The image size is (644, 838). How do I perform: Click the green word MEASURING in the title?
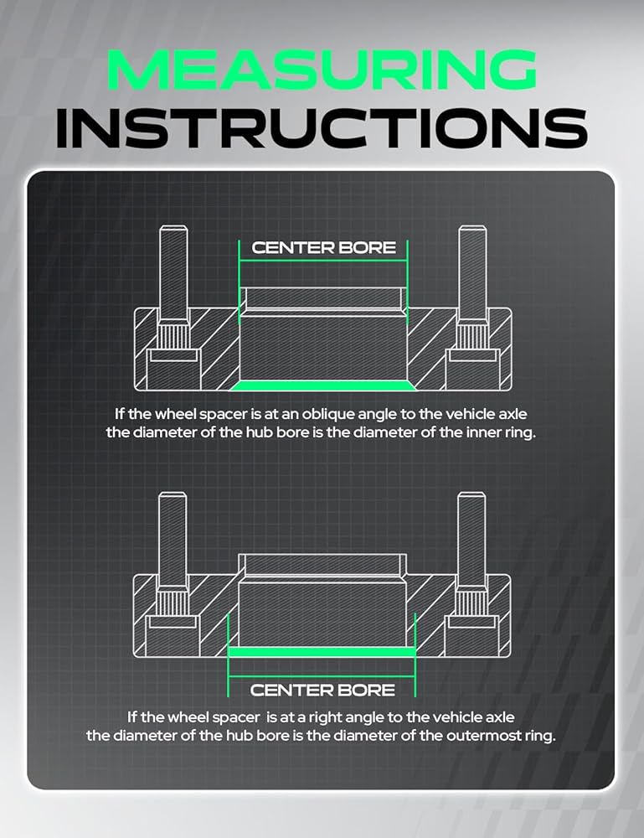point(322,70)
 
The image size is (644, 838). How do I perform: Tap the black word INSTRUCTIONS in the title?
point(322,128)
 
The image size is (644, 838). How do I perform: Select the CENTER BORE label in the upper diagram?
point(323,248)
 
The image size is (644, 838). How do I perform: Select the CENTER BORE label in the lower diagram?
point(322,690)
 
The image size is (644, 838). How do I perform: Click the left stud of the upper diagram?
point(173,272)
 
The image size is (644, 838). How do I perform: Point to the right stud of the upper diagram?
point(472,272)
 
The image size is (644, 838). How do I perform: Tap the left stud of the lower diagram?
point(173,540)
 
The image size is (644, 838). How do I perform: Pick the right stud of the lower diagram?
point(471,540)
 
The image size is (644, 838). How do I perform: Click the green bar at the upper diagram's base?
point(322,385)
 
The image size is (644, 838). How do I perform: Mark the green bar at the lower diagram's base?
point(322,651)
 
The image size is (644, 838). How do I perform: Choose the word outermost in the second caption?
point(484,736)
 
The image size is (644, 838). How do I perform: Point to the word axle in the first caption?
point(513,414)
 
